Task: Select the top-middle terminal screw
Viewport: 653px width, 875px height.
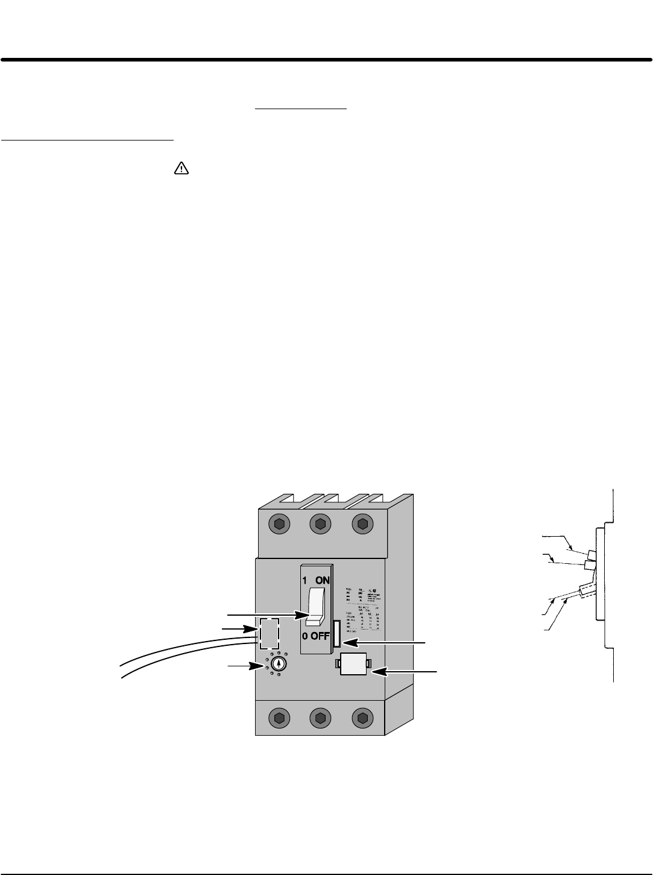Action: (320, 524)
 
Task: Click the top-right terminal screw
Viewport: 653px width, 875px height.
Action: (362, 524)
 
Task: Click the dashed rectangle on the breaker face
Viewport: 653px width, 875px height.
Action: (269, 633)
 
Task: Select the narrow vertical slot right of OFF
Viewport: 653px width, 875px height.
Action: (336, 636)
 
